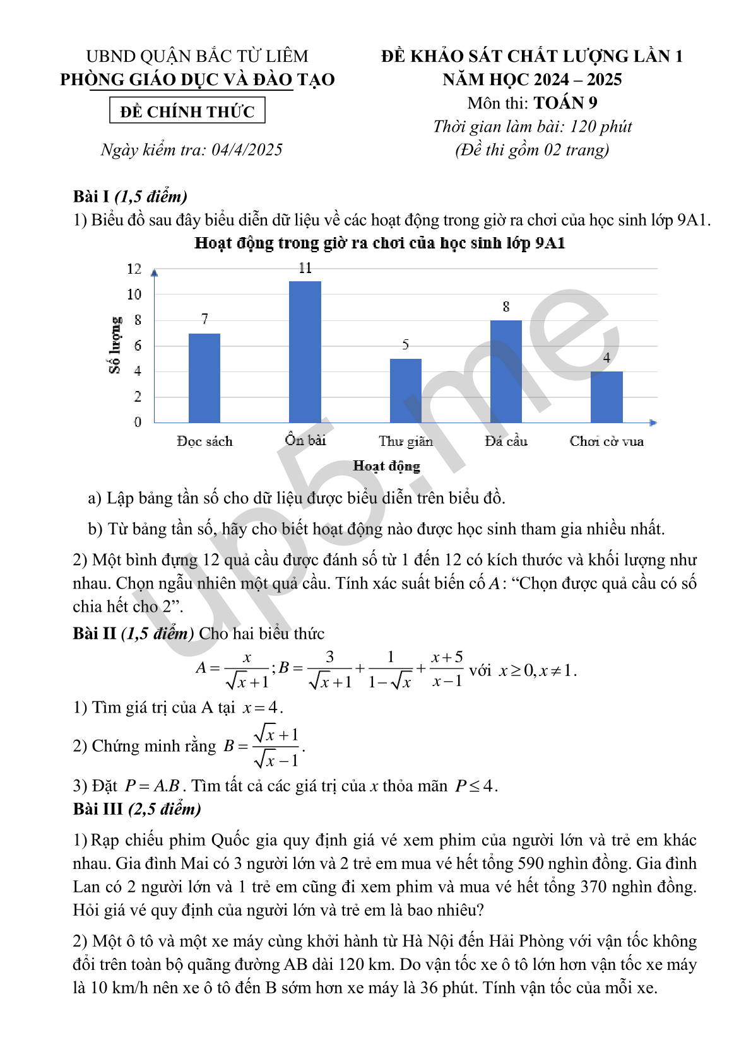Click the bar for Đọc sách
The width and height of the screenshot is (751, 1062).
pyautogui.click(x=204, y=378)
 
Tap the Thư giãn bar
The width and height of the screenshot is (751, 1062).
pyautogui.click(x=406, y=390)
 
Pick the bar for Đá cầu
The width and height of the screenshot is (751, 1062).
pyautogui.click(x=506, y=371)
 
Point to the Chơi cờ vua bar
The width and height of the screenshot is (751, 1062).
pyautogui.click(x=606, y=397)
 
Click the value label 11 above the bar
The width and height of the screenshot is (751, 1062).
pyautogui.click(x=305, y=268)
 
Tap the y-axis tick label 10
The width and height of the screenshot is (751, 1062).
pyautogui.click(x=134, y=295)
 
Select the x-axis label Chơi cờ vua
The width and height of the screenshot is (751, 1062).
pyautogui.click(x=606, y=441)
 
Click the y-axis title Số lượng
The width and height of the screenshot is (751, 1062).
pyautogui.click(x=115, y=346)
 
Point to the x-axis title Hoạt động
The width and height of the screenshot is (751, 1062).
pyautogui.click(x=386, y=466)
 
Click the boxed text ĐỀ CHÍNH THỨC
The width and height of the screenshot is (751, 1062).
pyautogui.click(x=187, y=112)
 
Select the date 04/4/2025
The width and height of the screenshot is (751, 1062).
pyautogui.click(x=247, y=150)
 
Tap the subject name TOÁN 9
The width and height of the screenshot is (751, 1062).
pyautogui.click(x=565, y=103)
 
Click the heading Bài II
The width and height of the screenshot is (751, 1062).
pyautogui.click(x=95, y=633)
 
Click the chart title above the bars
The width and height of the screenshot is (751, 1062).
pyautogui.click(x=380, y=243)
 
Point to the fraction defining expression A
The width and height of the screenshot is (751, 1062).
pyautogui.click(x=247, y=670)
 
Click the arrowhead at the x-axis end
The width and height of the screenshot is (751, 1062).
pyautogui.click(x=653, y=423)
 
